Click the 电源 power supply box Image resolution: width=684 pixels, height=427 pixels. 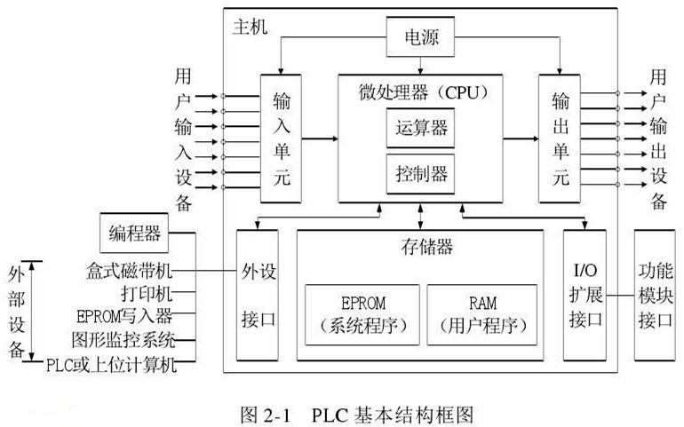421,39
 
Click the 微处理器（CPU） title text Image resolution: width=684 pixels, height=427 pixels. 420,91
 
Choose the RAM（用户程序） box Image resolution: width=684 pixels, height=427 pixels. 481,313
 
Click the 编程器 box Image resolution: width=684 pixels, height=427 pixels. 134,233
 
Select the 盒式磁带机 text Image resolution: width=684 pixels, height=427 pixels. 130,269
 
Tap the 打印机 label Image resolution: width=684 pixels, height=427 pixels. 146,292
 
